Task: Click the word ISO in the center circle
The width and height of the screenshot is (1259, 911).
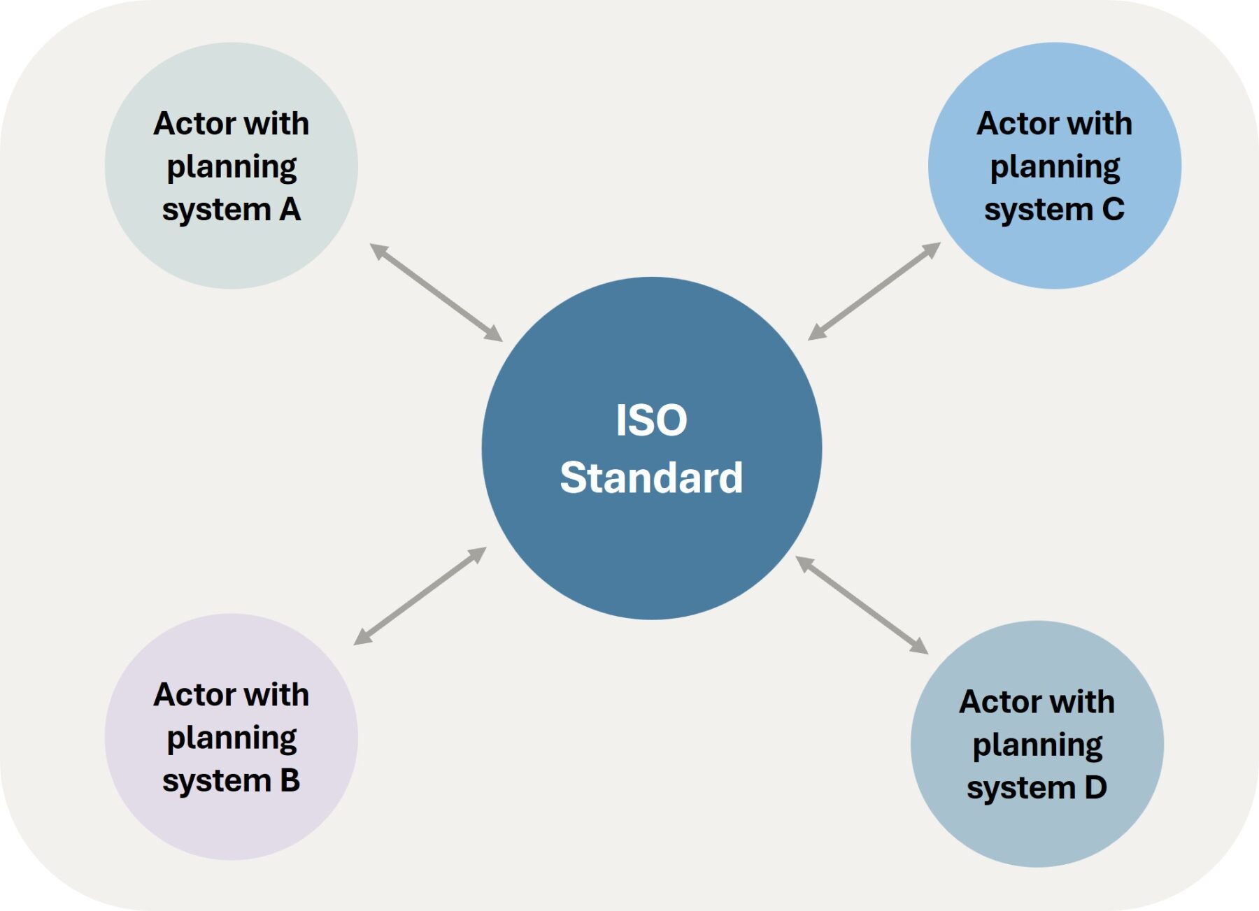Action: pyautogui.click(x=651, y=420)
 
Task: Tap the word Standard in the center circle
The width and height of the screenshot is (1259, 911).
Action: pyautogui.click(x=651, y=478)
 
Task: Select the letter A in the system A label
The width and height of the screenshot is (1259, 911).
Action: pyautogui.click(x=290, y=209)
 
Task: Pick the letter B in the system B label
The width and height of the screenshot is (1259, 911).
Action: pyautogui.click(x=290, y=780)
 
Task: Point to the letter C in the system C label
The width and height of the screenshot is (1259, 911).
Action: pyautogui.click(x=1113, y=209)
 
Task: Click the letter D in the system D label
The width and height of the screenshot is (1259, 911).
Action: pyautogui.click(x=1095, y=787)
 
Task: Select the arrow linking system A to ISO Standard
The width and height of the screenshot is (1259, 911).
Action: pyautogui.click(x=436, y=292)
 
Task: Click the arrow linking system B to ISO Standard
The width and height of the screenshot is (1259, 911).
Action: pyautogui.click(x=420, y=596)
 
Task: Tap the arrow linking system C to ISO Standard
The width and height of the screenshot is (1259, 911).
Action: pyautogui.click(x=874, y=291)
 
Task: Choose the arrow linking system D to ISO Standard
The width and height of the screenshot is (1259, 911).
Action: pyautogui.click(x=862, y=605)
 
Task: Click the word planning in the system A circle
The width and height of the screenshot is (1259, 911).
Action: pyautogui.click(x=232, y=168)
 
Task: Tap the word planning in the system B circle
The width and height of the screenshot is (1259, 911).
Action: pyautogui.click(x=232, y=739)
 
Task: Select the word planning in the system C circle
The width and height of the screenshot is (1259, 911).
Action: pyautogui.click(x=1055, y=168)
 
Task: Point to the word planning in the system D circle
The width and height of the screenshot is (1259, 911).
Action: pyautogui.click(x=1037, y=746)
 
